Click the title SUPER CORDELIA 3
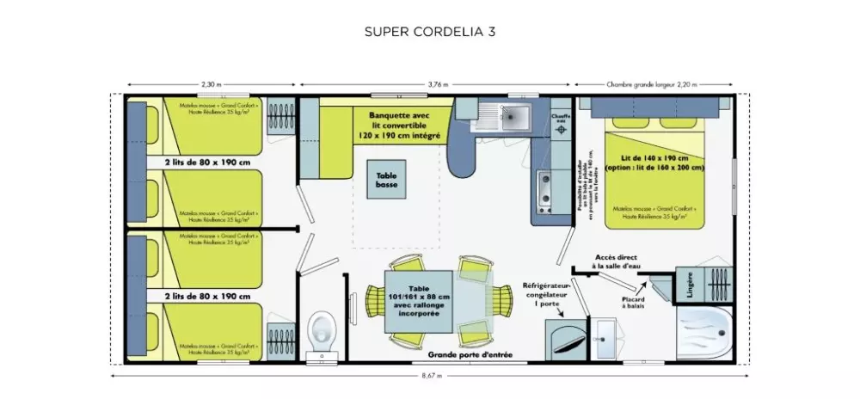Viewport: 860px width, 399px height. [430, 32]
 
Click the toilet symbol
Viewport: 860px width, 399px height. [322, 329]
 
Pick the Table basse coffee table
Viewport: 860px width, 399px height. [387, 180]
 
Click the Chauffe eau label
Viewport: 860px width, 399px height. [560, 118]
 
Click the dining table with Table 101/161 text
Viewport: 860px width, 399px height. [418, 301]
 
